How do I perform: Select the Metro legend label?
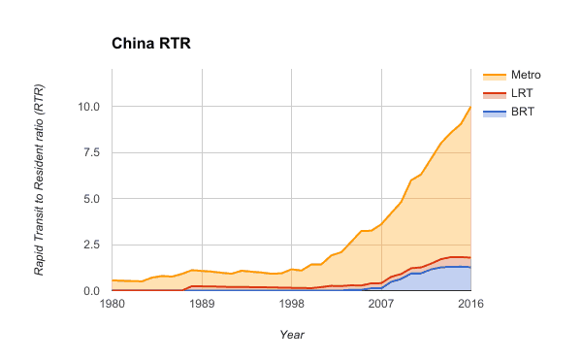[524, 75]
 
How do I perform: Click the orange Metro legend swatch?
[494, 75]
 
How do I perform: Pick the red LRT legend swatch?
[494, 93]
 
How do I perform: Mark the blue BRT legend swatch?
[494, 112]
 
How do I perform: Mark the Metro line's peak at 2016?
[470, 107]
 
